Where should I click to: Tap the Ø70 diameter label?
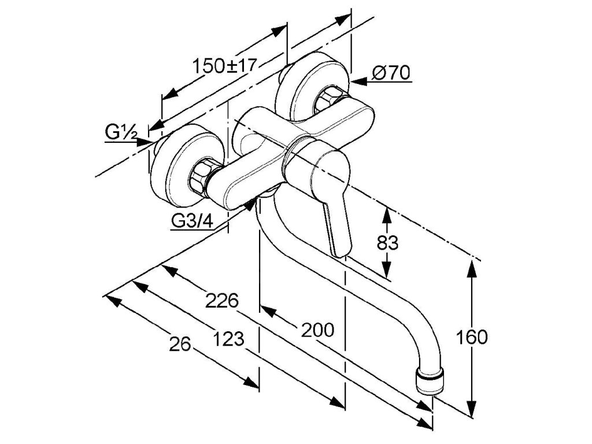click(391, 73)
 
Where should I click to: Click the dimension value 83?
click(387, 243)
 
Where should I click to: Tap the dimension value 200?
click(317, 330)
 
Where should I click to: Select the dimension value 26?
click(180, 345)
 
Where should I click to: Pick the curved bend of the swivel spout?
click(263, 237)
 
